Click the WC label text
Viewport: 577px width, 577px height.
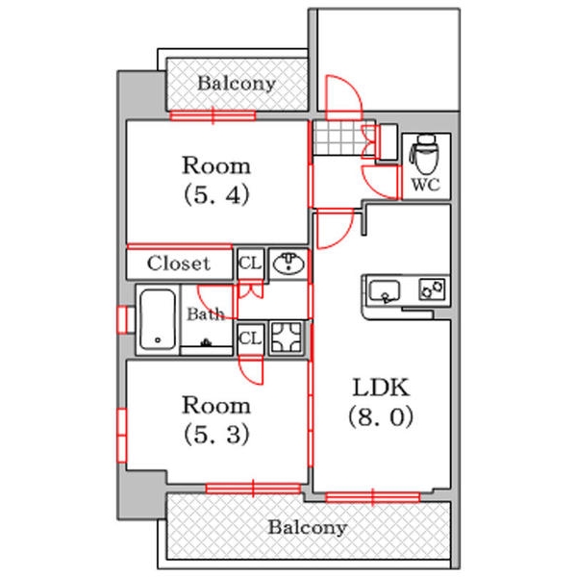425,186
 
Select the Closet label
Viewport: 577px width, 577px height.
178,263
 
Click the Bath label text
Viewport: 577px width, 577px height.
205,314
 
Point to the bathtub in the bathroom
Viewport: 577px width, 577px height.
156,320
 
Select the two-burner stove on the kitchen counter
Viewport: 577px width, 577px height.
430,288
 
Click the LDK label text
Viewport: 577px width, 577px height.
382,388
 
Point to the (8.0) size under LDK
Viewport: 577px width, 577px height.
382,418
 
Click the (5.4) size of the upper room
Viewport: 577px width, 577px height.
217,195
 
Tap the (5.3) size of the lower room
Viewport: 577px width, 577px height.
217,434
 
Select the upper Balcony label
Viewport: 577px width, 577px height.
236,84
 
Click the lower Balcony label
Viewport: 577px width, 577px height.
307,528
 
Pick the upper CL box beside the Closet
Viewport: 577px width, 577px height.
249,263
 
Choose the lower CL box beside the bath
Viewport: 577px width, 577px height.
249,338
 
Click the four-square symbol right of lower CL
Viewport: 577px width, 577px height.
287,338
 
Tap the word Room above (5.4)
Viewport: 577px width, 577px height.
217,164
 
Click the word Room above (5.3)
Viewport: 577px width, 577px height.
217,404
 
